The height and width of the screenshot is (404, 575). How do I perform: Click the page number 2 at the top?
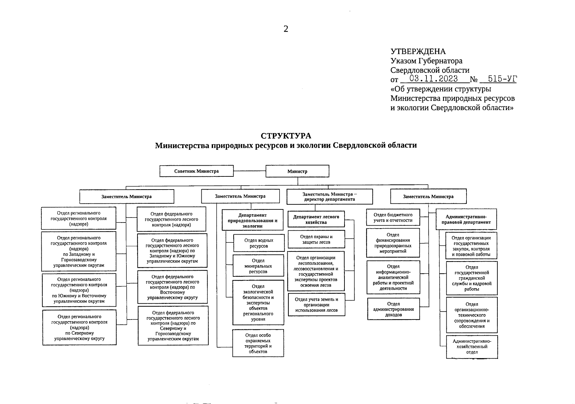pos(286,29)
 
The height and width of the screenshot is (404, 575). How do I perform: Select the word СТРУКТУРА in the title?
pos(286,136)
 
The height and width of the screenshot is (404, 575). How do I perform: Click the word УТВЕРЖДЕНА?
pos(418,52)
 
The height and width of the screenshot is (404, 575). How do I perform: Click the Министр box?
pos(297,171)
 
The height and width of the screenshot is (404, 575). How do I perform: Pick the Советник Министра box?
pos(196,171)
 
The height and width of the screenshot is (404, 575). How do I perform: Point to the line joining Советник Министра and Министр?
pos(249,171)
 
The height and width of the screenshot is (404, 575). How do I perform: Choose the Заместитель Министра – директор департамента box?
pos(329,197)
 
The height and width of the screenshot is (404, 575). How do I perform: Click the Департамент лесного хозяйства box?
pos(316,220)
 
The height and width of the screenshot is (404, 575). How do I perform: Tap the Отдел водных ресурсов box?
pos(258,243)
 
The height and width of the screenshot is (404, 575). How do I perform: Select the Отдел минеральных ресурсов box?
pos(258,266)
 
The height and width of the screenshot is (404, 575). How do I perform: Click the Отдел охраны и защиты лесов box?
pos(316,239)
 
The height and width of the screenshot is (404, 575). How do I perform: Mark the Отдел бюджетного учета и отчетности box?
pos(393,217)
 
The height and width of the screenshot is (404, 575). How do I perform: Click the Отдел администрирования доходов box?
pos(393,309)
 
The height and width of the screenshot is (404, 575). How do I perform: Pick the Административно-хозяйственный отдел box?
pos(471,347)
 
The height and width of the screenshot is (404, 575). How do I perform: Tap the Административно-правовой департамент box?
pos(466,220)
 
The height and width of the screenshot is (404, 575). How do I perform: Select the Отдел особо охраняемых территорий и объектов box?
pos(258,343)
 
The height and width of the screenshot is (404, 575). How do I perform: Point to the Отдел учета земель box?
pos(316,305)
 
